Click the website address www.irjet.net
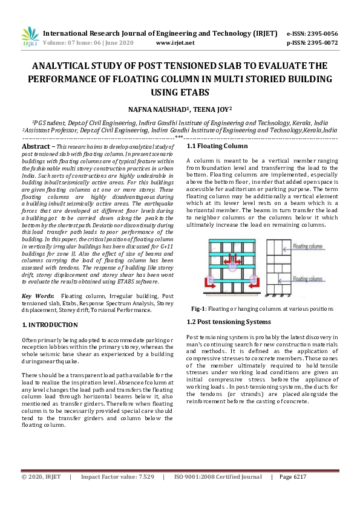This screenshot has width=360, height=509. pyautogui.click(x=175, y=43)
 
